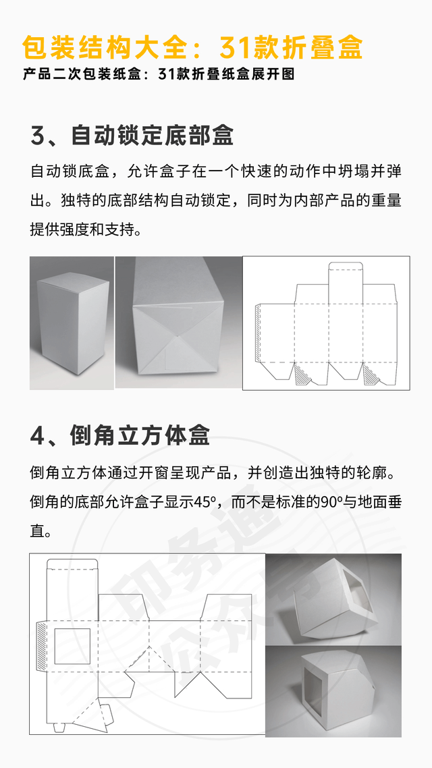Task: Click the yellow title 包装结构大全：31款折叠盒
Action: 192,47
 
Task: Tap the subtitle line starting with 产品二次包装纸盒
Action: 159,74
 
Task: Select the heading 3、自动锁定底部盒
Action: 132,135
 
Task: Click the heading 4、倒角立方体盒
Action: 120,435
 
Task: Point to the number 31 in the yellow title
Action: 236,47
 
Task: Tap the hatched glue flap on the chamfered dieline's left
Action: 43,646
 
